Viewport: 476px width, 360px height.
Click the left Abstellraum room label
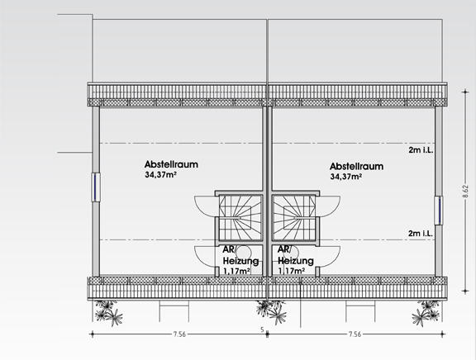pyautogui.click(x=171, y=164)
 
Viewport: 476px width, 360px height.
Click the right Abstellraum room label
pyautogui.click(x=356, y=166)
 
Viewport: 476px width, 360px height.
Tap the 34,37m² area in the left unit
pyautogui.click(x=161, y=175)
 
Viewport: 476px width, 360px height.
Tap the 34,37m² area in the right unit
pyautogui.click(x=345, y=177)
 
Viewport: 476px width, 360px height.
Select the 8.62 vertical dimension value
pyautogui.click(x=465, y=192)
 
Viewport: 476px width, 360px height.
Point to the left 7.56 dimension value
pyautogui.click(x=179, y=334)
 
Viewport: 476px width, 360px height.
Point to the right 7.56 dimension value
pyautogui.click(x=355, y=334)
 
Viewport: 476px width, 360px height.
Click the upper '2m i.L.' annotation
pyautogui.click(x=421, y=149)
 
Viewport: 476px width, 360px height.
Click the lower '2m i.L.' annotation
pyautogui.click(x=421, y=233)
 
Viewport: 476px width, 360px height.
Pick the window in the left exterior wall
pyautogui.click(x=96, y=187)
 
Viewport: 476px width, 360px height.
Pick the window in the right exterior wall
pyautogui.click(x=438, y=211)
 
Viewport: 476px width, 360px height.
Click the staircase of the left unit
pyautogui.click(x=240, y=218)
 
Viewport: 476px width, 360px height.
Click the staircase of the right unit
pyautogui.click(x=294, y=218)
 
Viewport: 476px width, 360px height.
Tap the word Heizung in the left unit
pyautogui.click(x=241, y=261)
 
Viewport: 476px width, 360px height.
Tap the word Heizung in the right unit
pyautogui.click(x=296, y=261)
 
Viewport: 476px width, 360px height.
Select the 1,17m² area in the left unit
pyautogui.click(x=237, y=271)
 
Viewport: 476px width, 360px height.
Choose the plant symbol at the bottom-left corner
pyautogui.click(x=109, y=312)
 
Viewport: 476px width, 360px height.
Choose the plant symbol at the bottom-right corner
pyautogui.click(x=426, y=312)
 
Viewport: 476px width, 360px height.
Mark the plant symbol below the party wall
pyautogui.click(x=271, y=312)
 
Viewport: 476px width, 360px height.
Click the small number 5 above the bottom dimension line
pyautogui.click(x=262, y=329)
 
